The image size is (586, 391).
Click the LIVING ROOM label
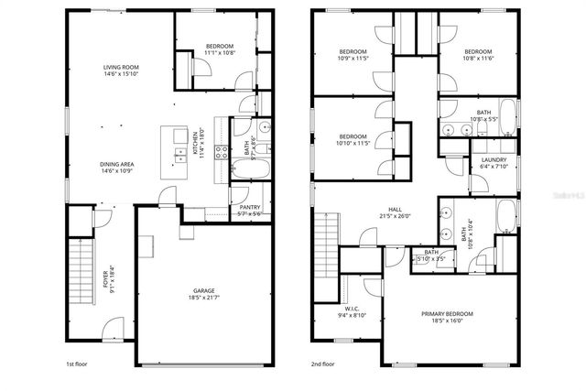pos(120,67)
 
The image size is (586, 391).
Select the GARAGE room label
pos(204,291)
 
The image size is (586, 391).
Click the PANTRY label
pos(249,207)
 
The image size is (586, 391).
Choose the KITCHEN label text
pos(195,142)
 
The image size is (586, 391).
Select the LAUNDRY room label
pos(494,160)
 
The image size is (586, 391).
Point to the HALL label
pos(395,209)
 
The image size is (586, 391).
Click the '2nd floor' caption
pos(322,364)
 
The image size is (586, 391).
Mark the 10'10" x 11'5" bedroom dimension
pos(353,143)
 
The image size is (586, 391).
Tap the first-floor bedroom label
pos(219,47)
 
